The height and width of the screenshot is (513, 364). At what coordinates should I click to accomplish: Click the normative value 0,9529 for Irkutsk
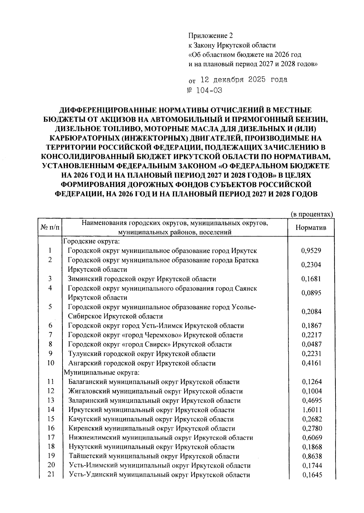(311, 251)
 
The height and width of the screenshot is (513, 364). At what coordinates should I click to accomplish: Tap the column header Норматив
(311, 227)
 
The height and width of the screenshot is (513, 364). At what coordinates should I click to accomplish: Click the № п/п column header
(50, 227)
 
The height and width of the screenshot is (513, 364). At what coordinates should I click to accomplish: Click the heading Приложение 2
(211, 36)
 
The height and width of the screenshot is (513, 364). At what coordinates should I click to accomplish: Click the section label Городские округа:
(91, 242)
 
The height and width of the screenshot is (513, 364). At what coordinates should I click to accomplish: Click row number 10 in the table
(50, 363)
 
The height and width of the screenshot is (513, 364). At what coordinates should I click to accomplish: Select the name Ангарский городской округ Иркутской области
(142, 363)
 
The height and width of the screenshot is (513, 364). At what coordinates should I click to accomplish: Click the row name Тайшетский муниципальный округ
(154, 456)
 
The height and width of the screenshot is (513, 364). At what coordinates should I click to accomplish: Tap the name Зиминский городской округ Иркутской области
(142, 279)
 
